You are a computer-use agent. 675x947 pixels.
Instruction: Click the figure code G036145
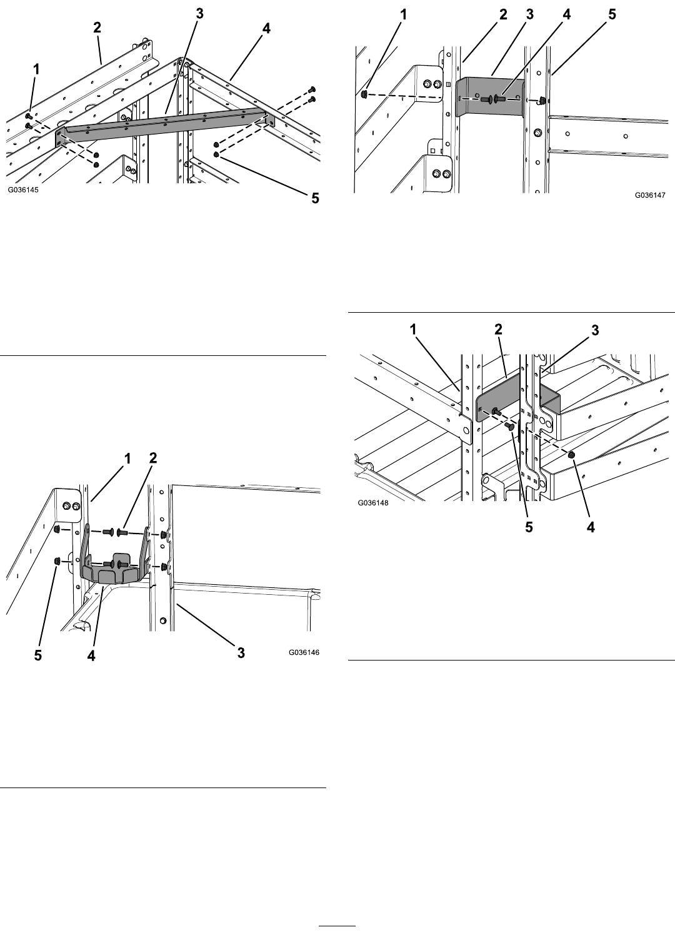22,190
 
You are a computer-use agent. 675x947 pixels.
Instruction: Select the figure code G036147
650,195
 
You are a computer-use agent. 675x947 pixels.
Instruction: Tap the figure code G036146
304,652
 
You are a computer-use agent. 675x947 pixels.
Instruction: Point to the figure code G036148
373,503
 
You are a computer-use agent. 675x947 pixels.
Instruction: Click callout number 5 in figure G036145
315,198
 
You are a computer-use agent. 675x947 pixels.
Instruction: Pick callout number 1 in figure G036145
37,69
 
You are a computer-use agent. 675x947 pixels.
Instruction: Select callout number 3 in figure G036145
200,14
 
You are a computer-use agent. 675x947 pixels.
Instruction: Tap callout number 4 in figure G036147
566,14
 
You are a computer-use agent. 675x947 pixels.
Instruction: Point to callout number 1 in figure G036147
403,15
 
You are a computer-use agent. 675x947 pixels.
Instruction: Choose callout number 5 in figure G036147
612,14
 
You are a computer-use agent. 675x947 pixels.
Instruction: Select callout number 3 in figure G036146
241,653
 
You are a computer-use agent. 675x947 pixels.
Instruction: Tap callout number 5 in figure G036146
38,656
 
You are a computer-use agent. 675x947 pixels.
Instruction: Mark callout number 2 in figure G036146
153,457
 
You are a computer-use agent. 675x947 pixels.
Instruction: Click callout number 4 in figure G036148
591,527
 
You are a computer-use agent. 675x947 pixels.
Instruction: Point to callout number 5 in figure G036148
529,527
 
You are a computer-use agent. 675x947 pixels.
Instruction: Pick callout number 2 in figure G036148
498,330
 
